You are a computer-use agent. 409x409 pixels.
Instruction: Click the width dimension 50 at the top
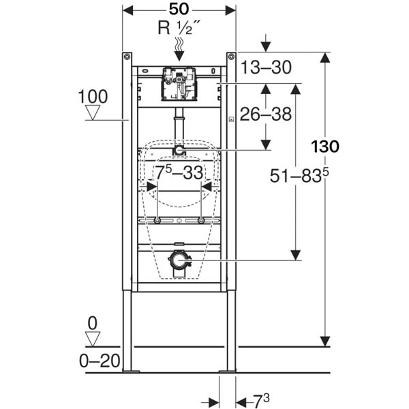[x=179, y=10]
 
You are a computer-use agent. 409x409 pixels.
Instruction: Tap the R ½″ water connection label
[x=179, y=28]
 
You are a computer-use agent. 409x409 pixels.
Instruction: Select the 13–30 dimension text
[x=266, y=67]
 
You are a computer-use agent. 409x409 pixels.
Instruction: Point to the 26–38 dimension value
[x=266, y=114]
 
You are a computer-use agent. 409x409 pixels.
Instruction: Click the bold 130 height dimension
[x=325, y=147]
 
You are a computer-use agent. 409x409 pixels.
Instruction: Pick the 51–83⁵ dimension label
[x=299, y=176]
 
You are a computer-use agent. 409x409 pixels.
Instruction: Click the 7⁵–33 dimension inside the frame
[x=179, y=172]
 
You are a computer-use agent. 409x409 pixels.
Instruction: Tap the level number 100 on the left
[x=93, y=97]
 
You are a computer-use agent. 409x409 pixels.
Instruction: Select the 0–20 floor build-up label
[x=100, y=361]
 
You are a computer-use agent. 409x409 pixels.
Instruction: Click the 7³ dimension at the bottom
[x=261, y=401]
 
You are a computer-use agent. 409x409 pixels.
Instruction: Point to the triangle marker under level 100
[x=93, y=112]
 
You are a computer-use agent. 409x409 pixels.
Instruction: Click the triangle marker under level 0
[x=93, y=339]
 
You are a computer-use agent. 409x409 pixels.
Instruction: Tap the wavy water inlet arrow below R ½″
[x=179, y=49]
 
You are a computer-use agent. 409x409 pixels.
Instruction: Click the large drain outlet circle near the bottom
[x=179, y=260]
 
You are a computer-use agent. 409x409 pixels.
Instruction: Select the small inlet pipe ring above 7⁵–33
[x=179, y=151]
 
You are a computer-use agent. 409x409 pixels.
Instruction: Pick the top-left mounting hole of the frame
[x=127, y=57]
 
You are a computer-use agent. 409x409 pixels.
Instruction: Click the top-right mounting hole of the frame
[x=231, y=57]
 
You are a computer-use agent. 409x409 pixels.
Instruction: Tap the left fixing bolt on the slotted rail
[x=157, y=220]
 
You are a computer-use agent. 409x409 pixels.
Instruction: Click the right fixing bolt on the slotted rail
[x=201, y=220]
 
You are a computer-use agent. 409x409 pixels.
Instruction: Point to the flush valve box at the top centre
[x=179, y=84]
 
